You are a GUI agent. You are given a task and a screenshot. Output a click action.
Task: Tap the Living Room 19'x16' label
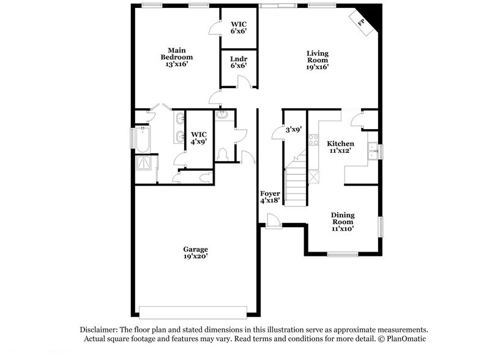[317, 60]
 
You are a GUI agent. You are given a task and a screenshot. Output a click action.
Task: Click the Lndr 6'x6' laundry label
[238, 62]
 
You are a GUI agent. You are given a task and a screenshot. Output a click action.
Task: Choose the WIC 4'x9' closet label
[199, 138]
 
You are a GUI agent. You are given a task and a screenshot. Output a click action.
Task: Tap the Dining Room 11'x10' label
[343, 222]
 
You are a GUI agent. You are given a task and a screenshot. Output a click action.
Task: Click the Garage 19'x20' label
[195, 253]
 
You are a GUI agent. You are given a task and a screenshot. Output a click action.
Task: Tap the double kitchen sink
[371, 151]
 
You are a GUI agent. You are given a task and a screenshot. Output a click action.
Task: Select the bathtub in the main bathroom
[142, 138]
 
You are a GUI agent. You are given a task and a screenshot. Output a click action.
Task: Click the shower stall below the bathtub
[145, 163]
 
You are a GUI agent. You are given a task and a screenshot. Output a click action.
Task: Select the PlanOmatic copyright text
[404, 339]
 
